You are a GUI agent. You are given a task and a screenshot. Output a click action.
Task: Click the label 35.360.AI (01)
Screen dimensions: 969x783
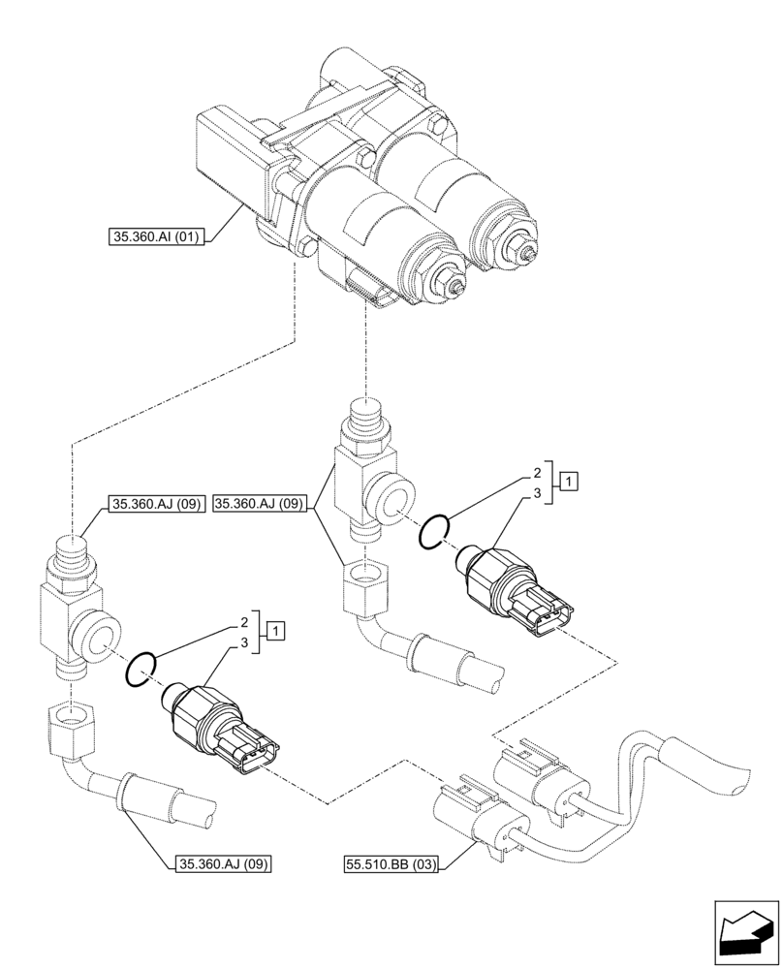pyautogui.click(x=154, y=235)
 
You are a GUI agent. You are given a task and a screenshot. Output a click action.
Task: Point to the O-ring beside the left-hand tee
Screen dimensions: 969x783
pyautogui.click(x=141, y=668)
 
